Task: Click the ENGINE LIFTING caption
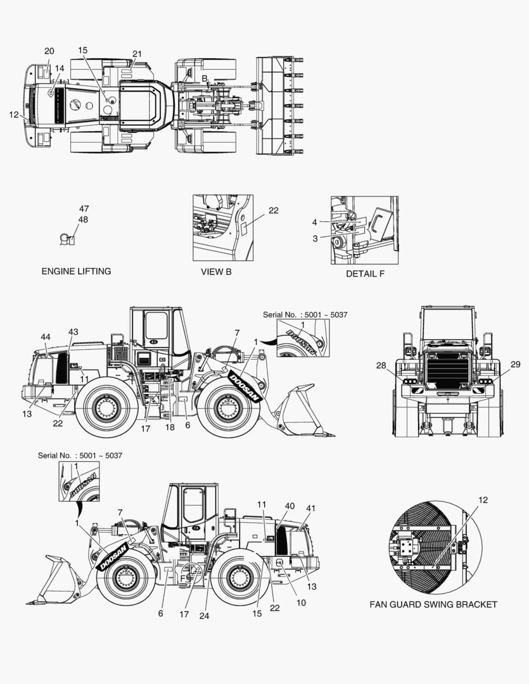coord(77,271)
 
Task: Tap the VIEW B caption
coord(216,272)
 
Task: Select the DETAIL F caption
coord(366,274)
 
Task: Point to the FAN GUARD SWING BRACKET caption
coord(433,605)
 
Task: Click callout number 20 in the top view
coord(49,51)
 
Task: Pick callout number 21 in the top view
coord(137,54)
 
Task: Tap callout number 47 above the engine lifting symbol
coord(84,208)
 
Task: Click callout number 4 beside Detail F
coord(315,222)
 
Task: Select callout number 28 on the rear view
coord(381,365)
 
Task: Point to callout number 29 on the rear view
coord(516,364)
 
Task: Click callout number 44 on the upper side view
coord(46,337)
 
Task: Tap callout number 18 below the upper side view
coord(170,427)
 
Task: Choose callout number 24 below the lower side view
coord(204,616)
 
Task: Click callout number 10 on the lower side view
coord(301,603)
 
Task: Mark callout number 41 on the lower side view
coord(311,508)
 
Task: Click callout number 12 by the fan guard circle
coord(483,500)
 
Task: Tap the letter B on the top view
coord(204,79)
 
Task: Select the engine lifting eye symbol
coord(67,239)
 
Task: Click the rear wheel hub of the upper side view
coord(105,407)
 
